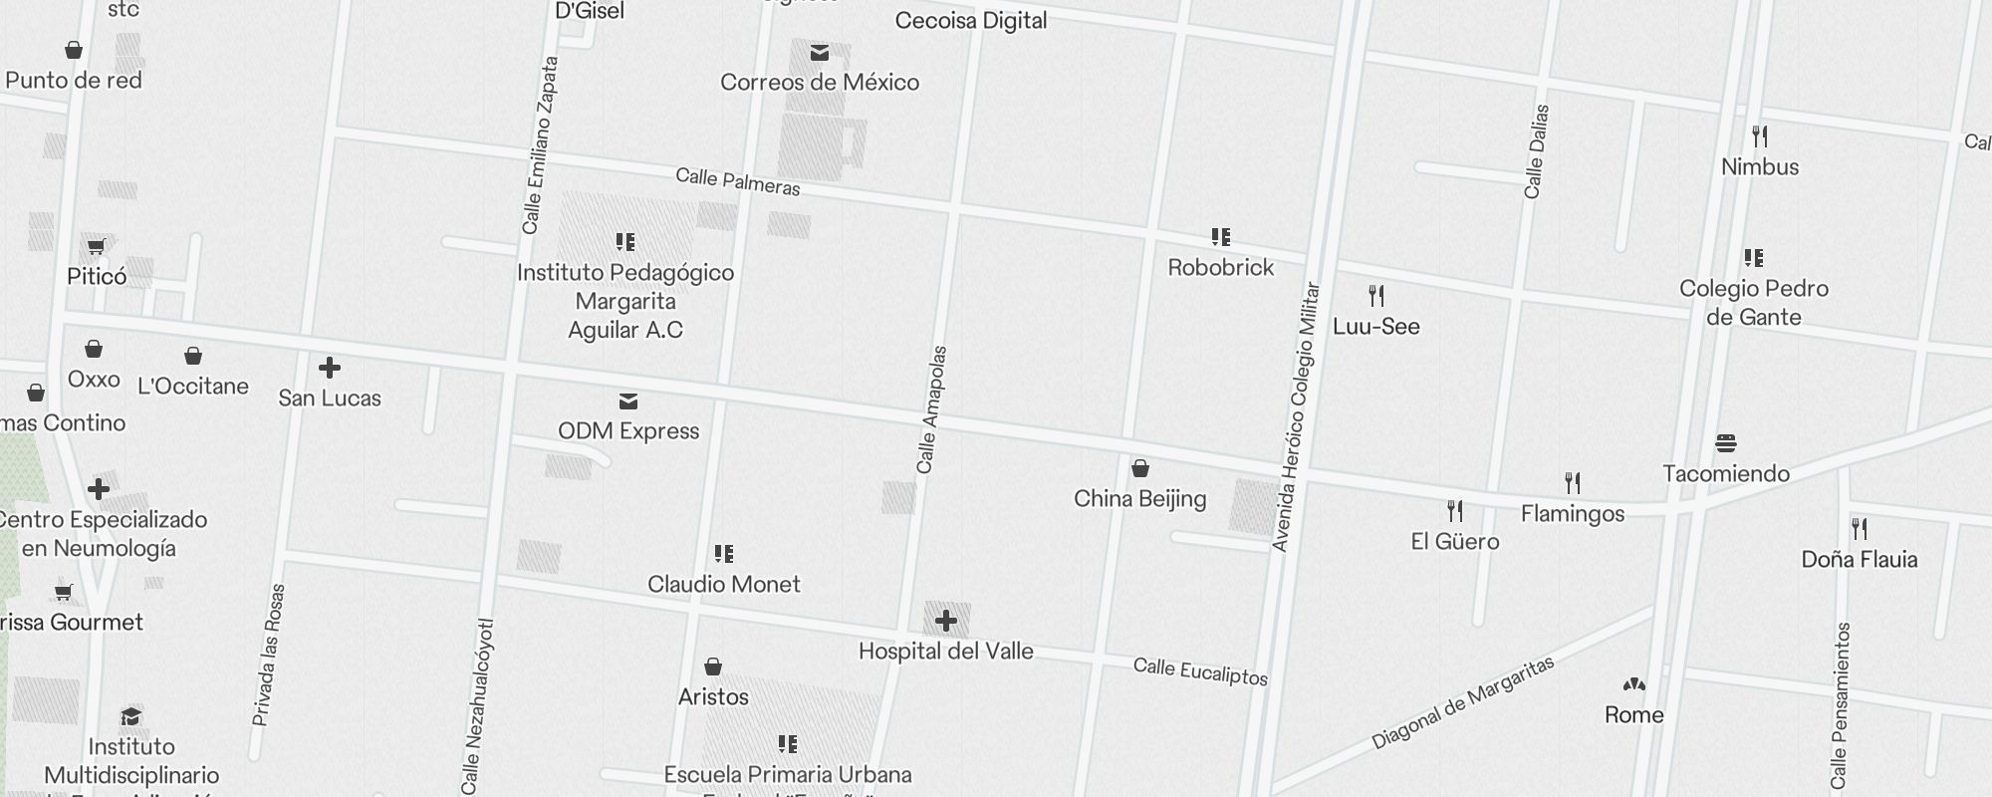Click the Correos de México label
point(820,82)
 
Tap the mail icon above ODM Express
point(628,401)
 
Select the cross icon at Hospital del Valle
point(946,622)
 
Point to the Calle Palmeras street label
point(738,181)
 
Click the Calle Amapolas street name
point(931,409)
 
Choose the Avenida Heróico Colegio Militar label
point(1296,416)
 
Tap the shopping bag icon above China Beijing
point(1140,468)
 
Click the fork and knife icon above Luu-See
point(1376,296)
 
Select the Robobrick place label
point(1221,267)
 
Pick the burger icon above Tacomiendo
point(1726,443)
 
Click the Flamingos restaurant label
point(1573,514)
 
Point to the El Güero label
point(1455,541)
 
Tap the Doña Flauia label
point(1860,559)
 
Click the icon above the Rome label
point(1634,685)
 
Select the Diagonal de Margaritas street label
point(1462,703)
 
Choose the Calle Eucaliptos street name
point(1200,671)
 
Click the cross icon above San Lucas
point(330,369)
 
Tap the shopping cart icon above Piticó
point(97,246)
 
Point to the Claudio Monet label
point(724,584)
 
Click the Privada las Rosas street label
point(269,655)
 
